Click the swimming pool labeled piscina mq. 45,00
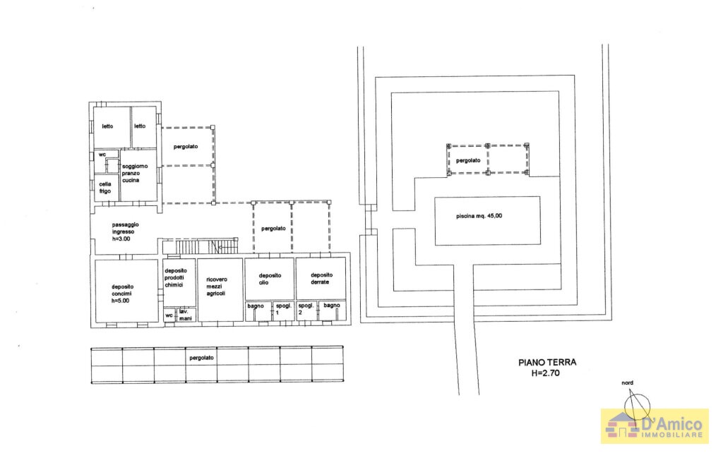pos(487,220)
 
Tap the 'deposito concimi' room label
pos(122,293)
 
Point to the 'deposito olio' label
pos(270,279)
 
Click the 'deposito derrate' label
pos(321,279)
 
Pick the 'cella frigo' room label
pos(104,187)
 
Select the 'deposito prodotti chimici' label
pos(174,278)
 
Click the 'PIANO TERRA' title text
pos(547,363)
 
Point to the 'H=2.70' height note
pos(546,374)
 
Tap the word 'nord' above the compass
pos(627,383)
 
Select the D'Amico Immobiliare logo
pos(655,426)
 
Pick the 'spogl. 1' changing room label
pos(283,308)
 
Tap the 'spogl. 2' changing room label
pos(306,308)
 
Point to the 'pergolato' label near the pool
pos(468,160)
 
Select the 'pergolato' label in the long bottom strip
pos(201,358)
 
